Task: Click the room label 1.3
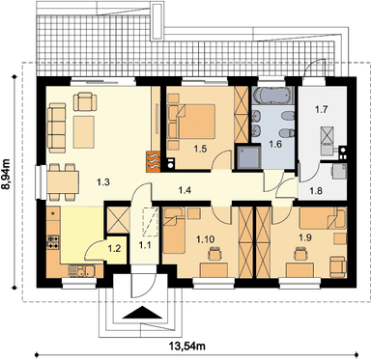[103, 182]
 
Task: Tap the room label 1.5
[200, 149]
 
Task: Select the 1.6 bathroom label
[275, 144]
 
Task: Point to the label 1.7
[321, 110]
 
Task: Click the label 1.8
[316, 191]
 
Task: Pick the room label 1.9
[304, 237]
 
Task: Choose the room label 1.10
[206, 239]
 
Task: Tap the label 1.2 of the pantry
[114, 248]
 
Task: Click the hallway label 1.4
[185, 190]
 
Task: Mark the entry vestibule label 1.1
[145, 245]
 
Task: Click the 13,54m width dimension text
[187, 346]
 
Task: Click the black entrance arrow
[142, 313]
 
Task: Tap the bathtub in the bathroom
[272, 96]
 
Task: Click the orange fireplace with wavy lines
[153, 161]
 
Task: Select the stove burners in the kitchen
[53, 242]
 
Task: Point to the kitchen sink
[81, 271]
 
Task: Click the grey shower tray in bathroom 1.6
[248, 156]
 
